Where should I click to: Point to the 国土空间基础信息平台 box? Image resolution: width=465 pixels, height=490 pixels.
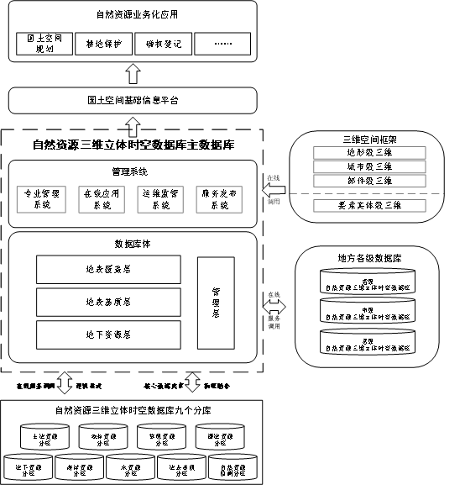click(x=133, y=100)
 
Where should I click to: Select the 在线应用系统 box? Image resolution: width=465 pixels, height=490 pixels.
click(x=102, y=199)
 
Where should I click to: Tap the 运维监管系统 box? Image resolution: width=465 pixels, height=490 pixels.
click(x=161, y=199)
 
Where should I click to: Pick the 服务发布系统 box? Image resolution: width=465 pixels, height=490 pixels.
click(x=220, y=199)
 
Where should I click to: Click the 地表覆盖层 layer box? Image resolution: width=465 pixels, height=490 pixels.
click(x=108, y=271)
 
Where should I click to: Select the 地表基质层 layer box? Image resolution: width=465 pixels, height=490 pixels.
click(x=108, y=302)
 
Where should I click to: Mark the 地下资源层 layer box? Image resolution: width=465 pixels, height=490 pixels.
click(x=108, y=334)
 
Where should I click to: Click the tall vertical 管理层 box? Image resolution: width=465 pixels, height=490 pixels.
click(x=215, y=302)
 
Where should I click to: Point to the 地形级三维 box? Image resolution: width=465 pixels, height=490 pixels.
click(x=369, y=154)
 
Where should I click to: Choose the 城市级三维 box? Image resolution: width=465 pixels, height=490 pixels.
click(x=369, y=166)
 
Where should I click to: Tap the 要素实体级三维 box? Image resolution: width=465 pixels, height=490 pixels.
click(x=369, y=204)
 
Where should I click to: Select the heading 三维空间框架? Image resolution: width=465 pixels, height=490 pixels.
click(x=369, y=138)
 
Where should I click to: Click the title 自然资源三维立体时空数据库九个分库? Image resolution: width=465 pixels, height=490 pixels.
click(x=133, y=410)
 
